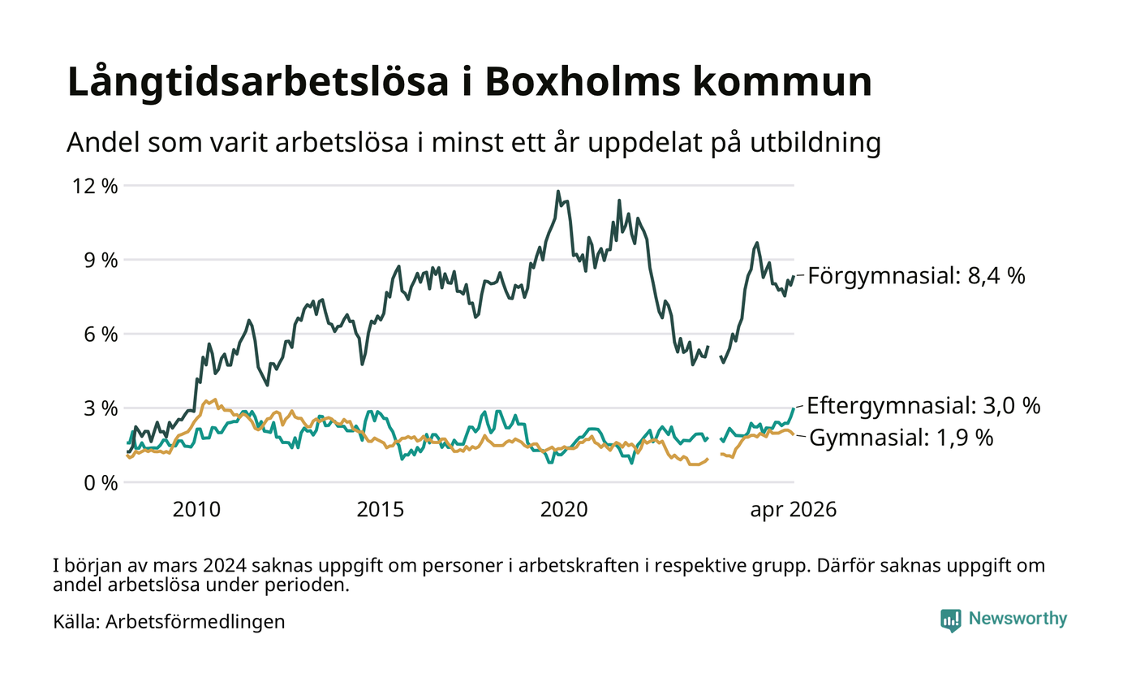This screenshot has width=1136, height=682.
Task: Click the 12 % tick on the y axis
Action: point(95,186)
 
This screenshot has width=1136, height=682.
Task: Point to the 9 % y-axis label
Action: point(101,261)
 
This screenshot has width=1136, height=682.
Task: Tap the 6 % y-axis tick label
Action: point(101,335)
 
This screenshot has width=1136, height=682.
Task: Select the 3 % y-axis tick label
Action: point(101,408)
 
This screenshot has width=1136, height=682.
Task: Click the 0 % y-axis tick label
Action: point(101,483)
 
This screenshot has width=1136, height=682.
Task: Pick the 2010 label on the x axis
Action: point(196,510)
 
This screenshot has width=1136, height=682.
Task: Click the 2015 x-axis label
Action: point(381,510)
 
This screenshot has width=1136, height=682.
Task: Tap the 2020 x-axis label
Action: point(564,510)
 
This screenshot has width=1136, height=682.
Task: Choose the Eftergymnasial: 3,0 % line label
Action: point(923,406)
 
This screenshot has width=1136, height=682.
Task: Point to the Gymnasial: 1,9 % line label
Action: point(901,438)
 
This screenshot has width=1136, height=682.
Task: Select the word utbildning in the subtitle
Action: point(815,143)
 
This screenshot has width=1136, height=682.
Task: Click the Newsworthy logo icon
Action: point(951,620)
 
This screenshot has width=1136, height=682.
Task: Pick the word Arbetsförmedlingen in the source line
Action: point(196,622)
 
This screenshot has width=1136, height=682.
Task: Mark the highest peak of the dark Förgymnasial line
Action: point(558,192)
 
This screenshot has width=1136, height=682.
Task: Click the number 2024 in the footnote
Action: point(226,566)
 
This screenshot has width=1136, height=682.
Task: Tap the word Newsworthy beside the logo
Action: point(1018,619)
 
